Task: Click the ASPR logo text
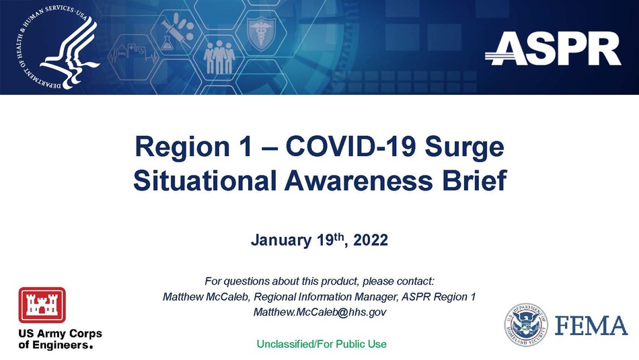[553, 48]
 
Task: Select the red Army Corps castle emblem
[42, 305]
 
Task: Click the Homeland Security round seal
[526, 325]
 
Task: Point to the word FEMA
[591, 326]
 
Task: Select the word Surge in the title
[464, 147]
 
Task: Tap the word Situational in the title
[205, 180]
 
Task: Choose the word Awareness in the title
[359, 180]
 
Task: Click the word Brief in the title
[474, 180]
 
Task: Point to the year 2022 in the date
[371, 240]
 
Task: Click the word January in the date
[280, 240]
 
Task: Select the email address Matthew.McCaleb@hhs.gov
[320, 312]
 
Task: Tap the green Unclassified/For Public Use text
[322, 344]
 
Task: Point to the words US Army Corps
[61, 334]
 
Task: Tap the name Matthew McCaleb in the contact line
[206, 297]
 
